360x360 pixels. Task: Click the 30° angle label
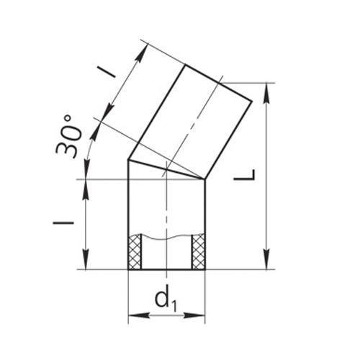coord(68,136)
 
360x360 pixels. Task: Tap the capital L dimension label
coord(245,175)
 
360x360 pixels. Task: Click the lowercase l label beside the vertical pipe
coord(63,223)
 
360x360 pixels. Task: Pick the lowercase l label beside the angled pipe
coord(106,72)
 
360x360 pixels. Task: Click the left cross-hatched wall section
coord(135,252)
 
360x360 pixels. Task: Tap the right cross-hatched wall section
coord(198,251)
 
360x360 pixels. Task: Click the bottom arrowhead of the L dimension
coord(266,260)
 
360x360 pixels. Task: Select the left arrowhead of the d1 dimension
coord(139,315)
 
